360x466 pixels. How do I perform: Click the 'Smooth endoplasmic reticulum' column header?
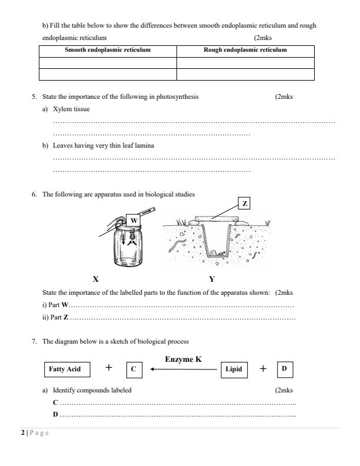point(108,50)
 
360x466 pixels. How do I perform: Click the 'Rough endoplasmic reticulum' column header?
point(245,50)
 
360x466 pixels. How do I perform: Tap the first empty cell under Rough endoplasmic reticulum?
point(245,62)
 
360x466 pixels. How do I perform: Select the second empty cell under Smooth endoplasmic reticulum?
point(108,74)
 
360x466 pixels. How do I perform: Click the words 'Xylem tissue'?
point(71,109)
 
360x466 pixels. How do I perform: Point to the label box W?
point(134,220)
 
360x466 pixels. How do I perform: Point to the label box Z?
point(245,204)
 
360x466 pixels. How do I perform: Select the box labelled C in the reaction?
point(134,370)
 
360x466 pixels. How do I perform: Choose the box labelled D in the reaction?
point(284,369)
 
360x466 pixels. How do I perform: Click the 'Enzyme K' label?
point(184,358)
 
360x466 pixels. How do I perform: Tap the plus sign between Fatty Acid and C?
point(109,368)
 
